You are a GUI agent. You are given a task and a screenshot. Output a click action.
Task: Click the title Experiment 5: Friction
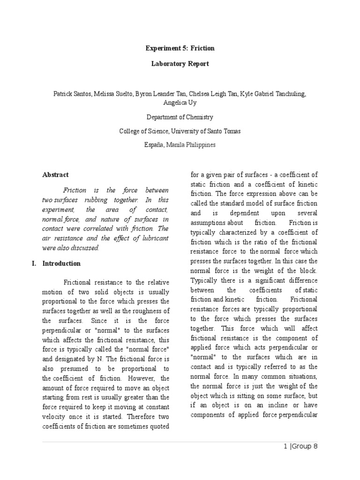(x=180, y=48)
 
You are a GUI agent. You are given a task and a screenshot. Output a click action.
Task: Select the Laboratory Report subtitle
(x=180, y=64)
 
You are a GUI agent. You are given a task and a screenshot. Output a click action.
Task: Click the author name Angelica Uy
(x=180, y=104)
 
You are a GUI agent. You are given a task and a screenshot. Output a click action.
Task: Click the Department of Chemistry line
(x=180, y=117)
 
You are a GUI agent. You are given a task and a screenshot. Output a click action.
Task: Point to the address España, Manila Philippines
(x=180, y=145)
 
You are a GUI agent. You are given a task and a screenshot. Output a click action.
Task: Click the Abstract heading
(x=55, y=175)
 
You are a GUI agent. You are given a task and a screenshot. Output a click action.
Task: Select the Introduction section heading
(x=61, y=263)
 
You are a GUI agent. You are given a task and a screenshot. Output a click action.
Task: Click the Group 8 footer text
(x=305, y=446)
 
